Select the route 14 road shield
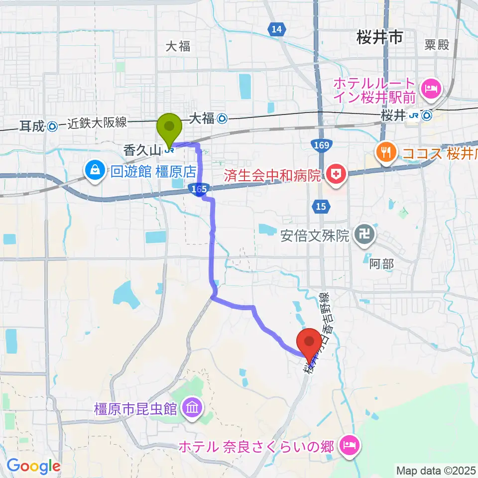[x=277, y=30]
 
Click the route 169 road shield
[x=321, y=145]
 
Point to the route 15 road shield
[x=321, y=205]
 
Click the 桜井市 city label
[x=379, y=37]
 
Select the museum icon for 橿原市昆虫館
[x=191, y=409]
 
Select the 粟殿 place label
[x=437, y=45]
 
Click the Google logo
[x=33, y=466]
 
